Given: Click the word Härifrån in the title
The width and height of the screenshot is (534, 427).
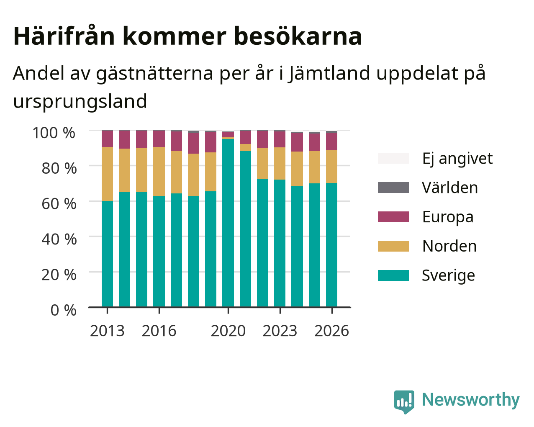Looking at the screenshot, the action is [x=64, y=36].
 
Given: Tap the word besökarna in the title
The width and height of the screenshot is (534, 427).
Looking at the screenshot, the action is [x=298, y=36].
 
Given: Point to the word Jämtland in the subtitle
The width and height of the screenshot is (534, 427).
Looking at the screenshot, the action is [x=329, y=74].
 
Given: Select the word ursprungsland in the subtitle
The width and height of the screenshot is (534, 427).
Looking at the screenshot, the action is [x=80, y=102].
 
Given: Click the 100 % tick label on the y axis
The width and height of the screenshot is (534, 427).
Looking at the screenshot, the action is [x=54, y=133].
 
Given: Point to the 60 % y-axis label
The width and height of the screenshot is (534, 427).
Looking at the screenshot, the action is [x=59, y=204].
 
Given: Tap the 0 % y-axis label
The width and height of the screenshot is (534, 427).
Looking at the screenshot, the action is [x=64, y=310].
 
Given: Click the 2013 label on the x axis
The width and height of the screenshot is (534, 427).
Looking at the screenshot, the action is [x=107, y=331].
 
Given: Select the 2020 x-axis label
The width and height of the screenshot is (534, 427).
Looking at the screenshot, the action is [x=228, y=331].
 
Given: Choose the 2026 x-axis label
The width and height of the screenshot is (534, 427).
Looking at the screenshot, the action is [x=332, y=331].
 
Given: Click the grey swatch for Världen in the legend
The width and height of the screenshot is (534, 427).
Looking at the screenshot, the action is [x=393, y=188].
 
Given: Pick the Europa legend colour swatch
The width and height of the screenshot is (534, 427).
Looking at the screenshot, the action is [x=393, y=217].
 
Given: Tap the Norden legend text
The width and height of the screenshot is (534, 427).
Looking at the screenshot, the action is [x=449, y=246].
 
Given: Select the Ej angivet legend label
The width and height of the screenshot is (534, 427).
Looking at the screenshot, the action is [x=457, y=159].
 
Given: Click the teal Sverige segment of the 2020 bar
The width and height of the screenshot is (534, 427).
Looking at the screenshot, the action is [x=228, y=223].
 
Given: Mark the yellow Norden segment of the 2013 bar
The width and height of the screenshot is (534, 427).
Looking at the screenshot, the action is [x=107, y=174].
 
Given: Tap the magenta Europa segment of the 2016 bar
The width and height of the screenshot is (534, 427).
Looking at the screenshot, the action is [x=159, y=139].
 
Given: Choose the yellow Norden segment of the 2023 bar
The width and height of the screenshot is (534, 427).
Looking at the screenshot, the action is [x=280, y=163].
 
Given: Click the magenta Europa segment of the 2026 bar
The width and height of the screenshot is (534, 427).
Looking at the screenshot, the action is [x=331, y=141].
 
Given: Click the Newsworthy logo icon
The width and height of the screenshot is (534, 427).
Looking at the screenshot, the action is [x=404, y=402].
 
